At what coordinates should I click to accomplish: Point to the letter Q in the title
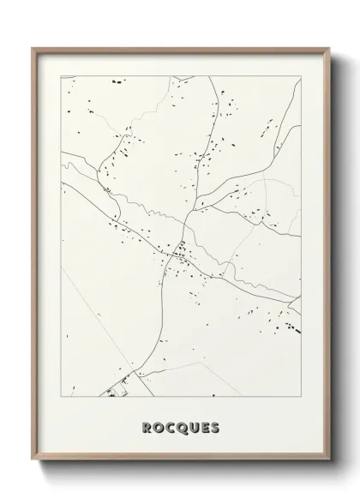(x=179, y=427)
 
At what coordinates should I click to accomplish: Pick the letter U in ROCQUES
(x=192, y=427)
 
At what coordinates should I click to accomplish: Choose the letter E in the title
(x=204, y=427)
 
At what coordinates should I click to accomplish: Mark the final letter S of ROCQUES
(x=215, y=427)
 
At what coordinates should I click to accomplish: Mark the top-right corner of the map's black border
(x=299, y=75)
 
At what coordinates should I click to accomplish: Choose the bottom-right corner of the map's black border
(x=299, y=396)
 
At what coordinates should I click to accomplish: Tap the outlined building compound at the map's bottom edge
(x=120, y=390)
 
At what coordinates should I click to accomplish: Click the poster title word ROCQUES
(x=179, y=427)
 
